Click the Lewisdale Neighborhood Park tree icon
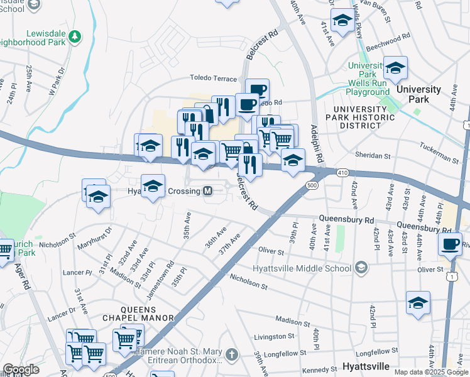[x=75, y=36]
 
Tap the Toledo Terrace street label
[x=214, y=79]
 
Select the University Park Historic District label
[x=363, y=118]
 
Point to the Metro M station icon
[x=208, y=190]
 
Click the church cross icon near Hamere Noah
[x=232, y=355]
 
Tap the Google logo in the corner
[x=21, y=369]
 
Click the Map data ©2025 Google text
[x=431, y=372]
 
